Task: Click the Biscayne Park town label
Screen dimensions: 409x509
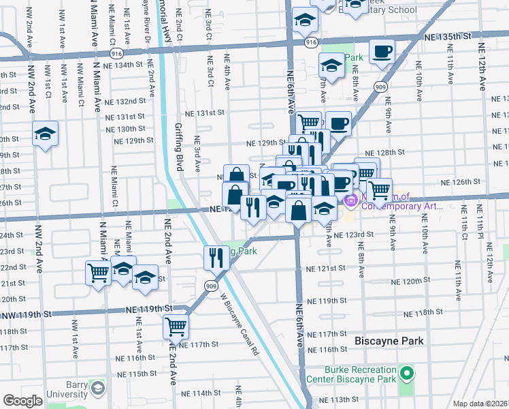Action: click(x=389, y=341)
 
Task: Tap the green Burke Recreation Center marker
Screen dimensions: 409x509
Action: click(x=407, y=374)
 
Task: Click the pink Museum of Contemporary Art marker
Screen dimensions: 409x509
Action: click(x=350, y=200)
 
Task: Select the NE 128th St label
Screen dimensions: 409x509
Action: click(x=385, y=153)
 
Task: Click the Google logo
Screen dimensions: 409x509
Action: click(x=22, y=401)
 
